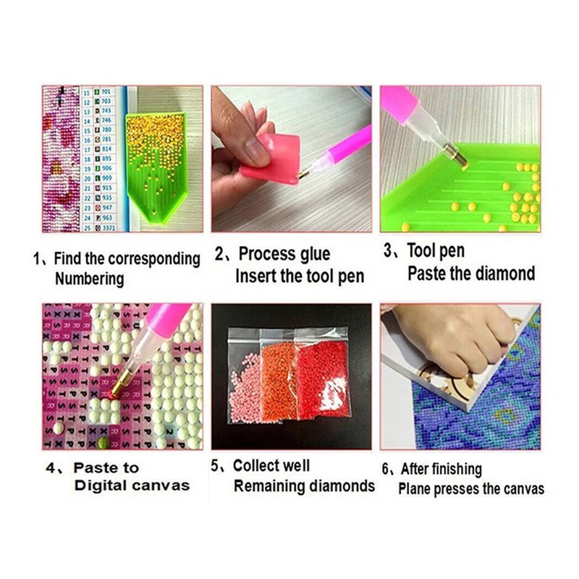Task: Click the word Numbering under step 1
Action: click(89, 279)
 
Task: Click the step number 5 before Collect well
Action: click(215, 466)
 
